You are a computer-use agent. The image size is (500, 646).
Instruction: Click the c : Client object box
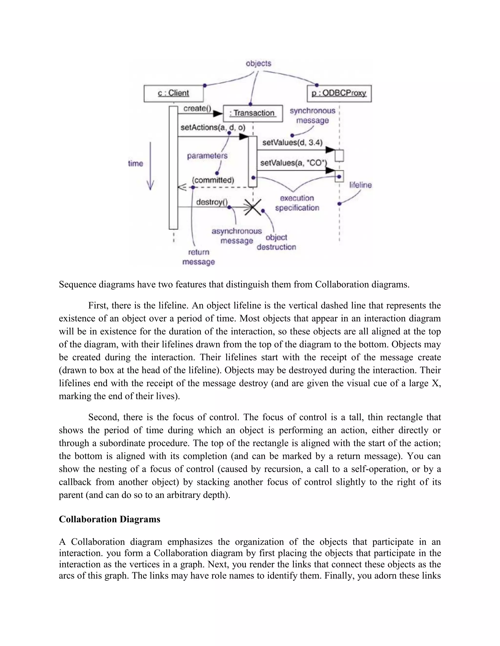click(174, 93)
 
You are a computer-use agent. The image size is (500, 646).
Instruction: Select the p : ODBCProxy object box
click(339, 93)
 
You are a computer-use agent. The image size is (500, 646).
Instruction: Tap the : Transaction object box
click(253, 113)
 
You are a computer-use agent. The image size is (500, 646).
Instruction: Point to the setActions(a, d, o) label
click(213, 127)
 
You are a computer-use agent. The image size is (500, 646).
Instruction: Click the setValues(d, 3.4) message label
click(292, 143)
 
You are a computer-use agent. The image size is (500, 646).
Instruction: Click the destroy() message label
click(211, 202)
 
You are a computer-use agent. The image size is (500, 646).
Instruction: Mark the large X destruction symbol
click(253, 207)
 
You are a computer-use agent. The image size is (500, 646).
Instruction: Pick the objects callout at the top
click(258, 64)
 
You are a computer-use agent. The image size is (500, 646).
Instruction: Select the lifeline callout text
click(360, 185)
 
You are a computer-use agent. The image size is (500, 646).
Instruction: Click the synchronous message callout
click(312, 116)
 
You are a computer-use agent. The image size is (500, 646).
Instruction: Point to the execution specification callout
click(297, 203)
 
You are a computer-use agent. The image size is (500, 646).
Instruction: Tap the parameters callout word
click(207, 156)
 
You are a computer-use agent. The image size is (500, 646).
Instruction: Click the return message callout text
click(198, 257)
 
